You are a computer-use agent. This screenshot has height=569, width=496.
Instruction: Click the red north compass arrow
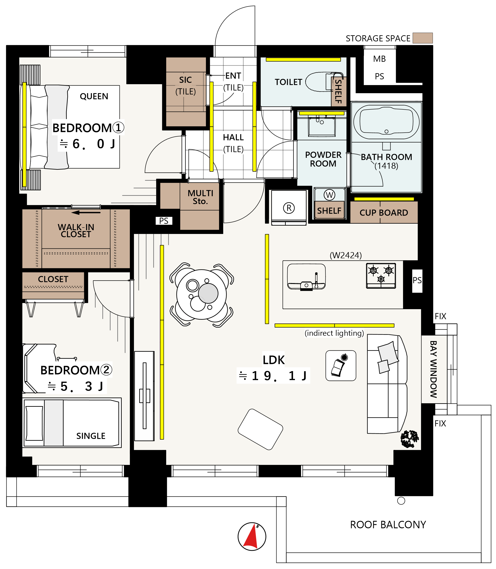tap(251, 537)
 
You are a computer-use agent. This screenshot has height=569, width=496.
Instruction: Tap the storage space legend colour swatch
tap(422, 38)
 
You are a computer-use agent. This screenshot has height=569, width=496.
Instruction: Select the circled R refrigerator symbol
tap(289, 208)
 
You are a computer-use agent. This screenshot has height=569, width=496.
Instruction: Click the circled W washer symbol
tap(329, 195)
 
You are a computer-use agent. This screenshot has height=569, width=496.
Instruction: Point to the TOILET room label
tap(288, 82)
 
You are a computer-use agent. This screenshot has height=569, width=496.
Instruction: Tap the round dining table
tap(201, 294)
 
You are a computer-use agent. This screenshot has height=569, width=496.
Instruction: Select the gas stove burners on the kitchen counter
tap(381, 276)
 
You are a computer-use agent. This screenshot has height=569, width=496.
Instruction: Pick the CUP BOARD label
tap(384, 212)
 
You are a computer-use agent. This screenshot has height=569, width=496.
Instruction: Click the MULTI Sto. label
tap(200, 197)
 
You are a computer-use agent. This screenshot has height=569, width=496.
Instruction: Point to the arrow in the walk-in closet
tap(86, 212)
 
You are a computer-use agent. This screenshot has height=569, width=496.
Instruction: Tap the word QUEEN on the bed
tap(94, 96)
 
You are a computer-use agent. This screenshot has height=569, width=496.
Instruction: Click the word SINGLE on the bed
tap(91, 436)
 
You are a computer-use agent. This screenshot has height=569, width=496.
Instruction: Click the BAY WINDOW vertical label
tap(434, 369)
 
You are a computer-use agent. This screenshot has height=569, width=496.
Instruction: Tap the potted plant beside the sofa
tap(410, 439)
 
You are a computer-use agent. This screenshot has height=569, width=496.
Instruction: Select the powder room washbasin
tap(322, 126)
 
